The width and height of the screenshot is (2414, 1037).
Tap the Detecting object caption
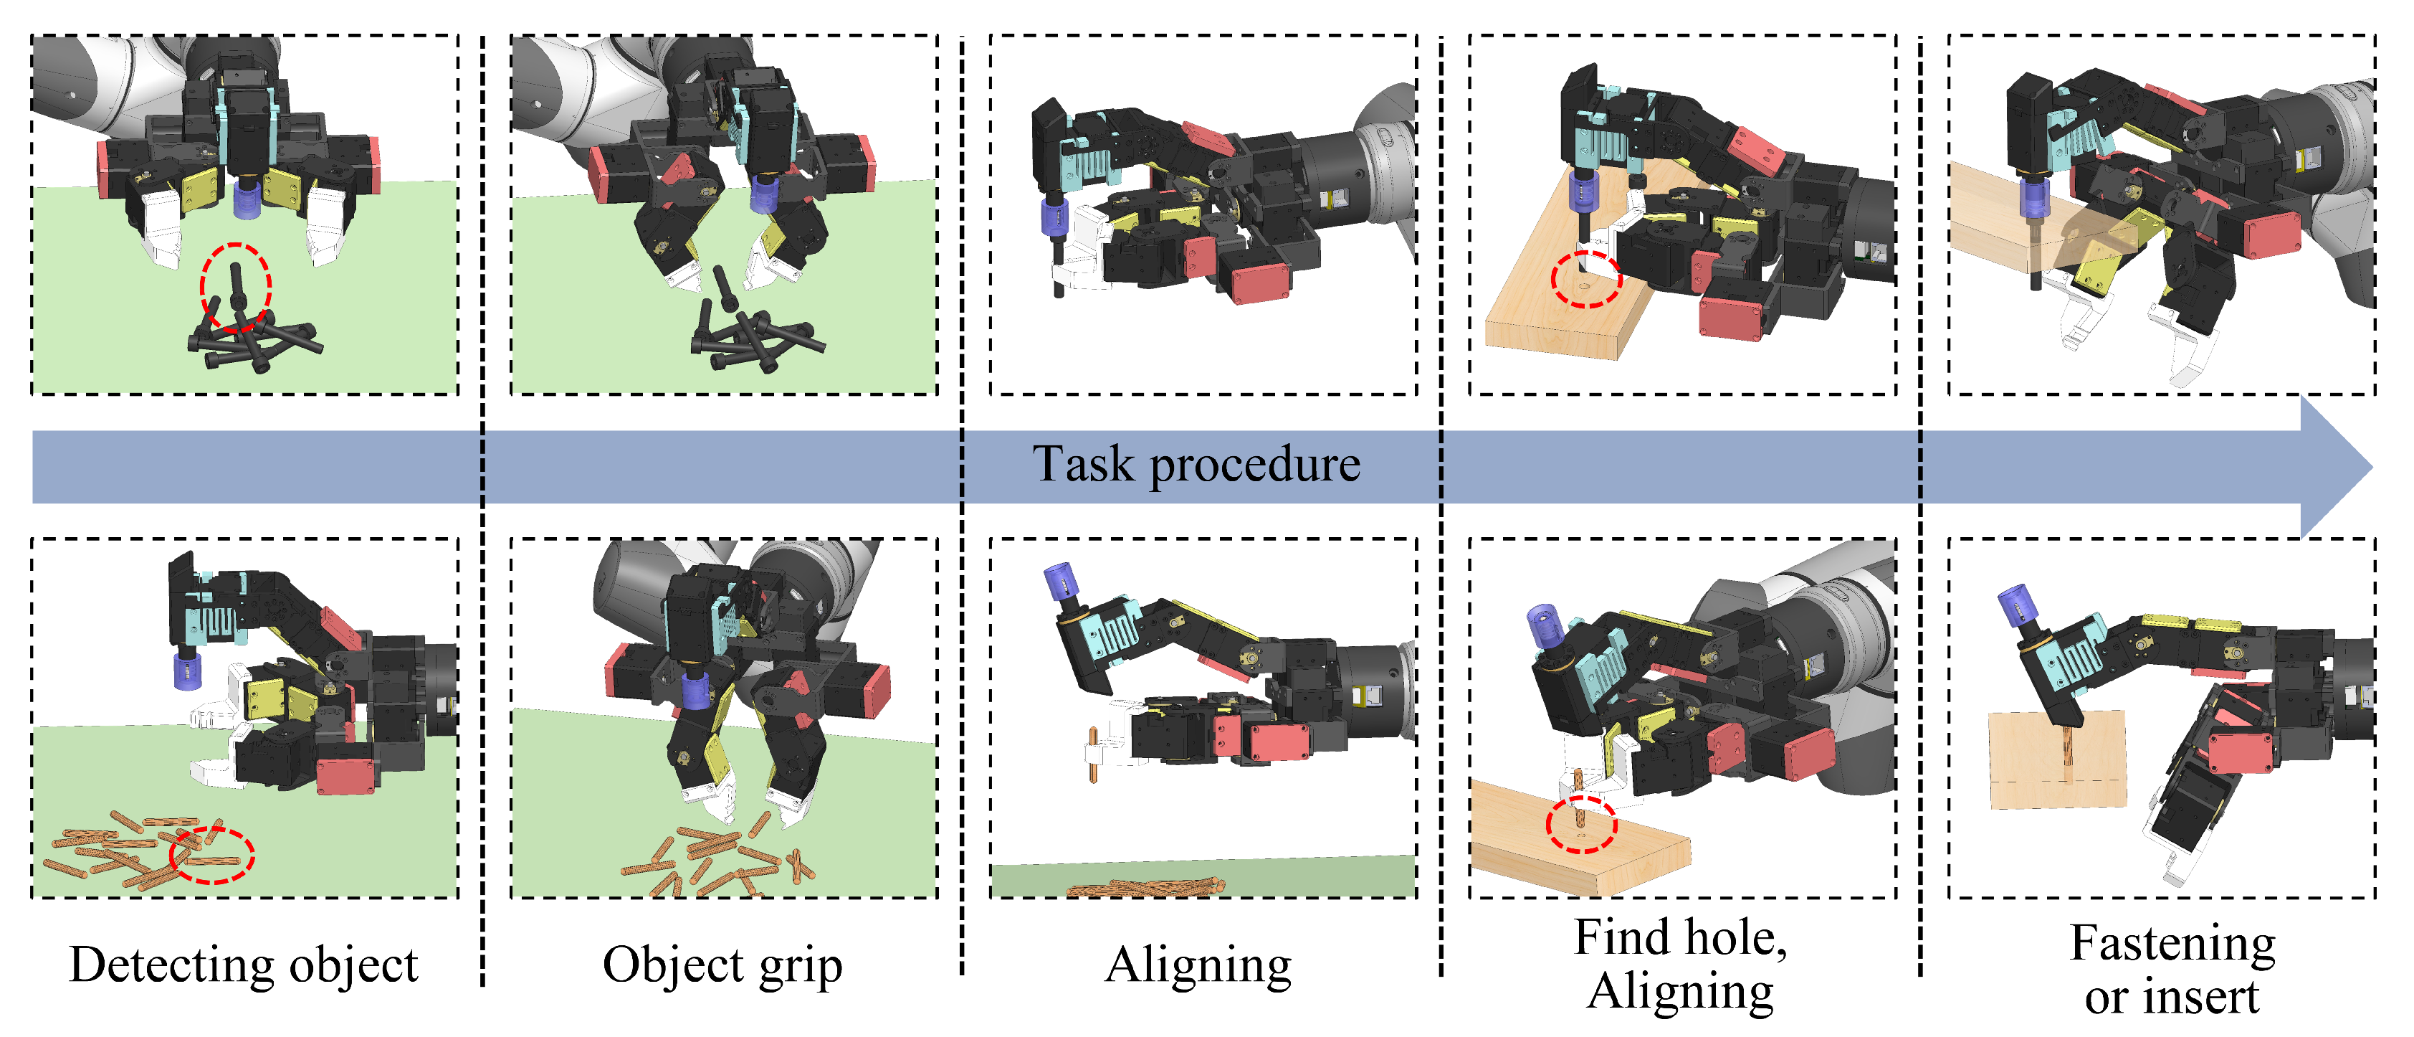[x=244, y=965]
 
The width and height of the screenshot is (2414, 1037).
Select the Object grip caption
[x=722, y=965]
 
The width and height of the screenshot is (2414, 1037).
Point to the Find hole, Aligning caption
[x=1680, y=964]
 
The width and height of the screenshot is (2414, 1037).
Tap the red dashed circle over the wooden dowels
[x=211, y=854]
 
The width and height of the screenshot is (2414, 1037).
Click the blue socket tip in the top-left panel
[x=247, y=199]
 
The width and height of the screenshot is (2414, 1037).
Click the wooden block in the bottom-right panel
[x=2057, y=759]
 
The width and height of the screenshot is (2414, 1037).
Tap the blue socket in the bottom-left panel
[x=187, y=671]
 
